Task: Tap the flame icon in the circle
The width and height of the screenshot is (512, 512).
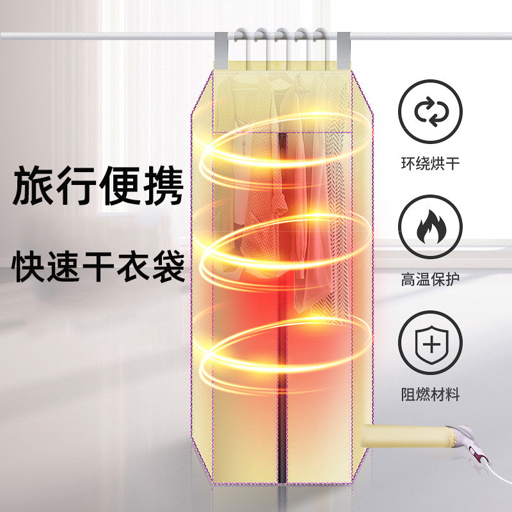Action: tap(429, 226)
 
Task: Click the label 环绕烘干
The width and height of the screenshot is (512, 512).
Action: tap(429, 164)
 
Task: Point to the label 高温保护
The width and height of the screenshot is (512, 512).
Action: tap(429, 280)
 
